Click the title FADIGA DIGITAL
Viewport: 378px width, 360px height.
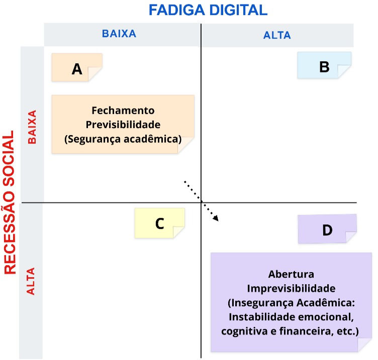[x=208, y=10]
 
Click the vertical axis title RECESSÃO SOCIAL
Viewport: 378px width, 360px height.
[x=10, y=202]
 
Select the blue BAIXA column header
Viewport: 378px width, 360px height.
[x=119, y=34]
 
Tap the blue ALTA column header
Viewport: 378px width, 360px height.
[x=277, y=35]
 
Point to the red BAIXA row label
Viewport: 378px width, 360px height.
[x=32, y=127]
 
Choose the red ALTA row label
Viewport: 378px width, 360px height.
[x=31, y=281]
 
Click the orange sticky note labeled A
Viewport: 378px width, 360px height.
[x=77, y=67]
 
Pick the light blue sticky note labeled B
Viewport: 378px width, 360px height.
[x=324, y=65]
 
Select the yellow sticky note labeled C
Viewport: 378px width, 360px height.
[x=159, y=223]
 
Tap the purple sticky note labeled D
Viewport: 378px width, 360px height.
[x=327, y=229]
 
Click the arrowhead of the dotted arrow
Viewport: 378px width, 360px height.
[x=216, y=218]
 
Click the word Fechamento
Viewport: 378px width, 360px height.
[x=123, y=110]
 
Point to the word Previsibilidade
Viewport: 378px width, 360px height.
[x=123, y=125]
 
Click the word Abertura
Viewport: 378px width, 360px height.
[x=291, y=274]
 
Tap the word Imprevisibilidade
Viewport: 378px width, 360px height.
[x=291, y=288]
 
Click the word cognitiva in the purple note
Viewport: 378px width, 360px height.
[x=244, y=331]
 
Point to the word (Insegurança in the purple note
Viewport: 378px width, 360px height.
[x=261, y=303]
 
